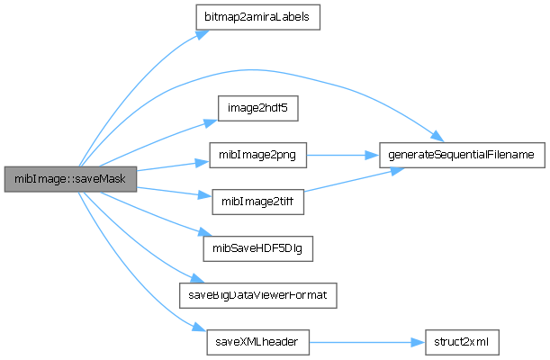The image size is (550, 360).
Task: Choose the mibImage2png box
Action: [x=257, y=155]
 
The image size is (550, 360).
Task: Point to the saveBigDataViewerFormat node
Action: [x=257, y=294]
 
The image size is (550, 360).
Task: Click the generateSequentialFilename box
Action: [x=462, y=155]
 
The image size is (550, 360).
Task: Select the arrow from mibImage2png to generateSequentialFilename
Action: [x=342, y=155]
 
